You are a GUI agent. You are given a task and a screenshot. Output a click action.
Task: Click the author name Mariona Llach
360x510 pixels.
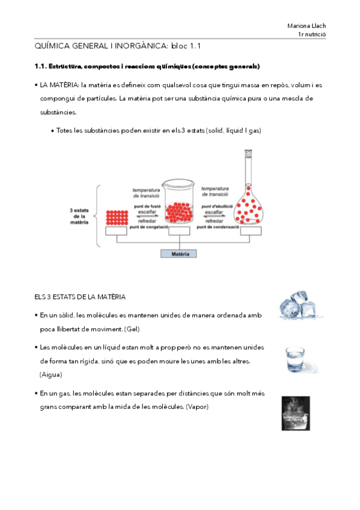click(307, 26)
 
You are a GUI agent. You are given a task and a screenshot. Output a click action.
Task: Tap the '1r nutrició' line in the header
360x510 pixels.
click(312, 34)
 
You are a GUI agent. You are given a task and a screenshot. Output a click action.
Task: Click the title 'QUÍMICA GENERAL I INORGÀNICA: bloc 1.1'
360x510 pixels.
click(117, 46)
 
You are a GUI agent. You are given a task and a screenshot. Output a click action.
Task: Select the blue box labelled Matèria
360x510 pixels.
click(178, 254)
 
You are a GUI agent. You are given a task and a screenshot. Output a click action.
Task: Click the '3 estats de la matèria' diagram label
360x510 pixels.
click(79, 217)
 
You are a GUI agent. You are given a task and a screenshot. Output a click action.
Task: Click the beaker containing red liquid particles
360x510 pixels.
click(178, 201)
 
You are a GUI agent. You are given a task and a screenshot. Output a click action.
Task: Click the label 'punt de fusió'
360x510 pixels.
click(147, 206)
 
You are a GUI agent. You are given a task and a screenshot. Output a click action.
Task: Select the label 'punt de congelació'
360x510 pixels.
click(149, 227)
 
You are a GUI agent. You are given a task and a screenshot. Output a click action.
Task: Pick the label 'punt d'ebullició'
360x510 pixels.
click(217, 206)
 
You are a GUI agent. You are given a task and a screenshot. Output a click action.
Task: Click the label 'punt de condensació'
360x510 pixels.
click(218, 227)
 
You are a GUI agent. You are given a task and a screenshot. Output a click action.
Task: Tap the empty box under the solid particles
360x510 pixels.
click(116, 230)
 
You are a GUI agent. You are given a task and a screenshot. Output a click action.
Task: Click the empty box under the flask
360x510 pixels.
click(251, 230)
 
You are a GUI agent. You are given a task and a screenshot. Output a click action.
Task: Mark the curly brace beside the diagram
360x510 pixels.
click(97, 216)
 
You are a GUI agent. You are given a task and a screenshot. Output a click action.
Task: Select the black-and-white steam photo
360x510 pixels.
click(296, 413)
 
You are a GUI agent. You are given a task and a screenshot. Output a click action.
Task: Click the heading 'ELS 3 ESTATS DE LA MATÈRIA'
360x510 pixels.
click(80, 297)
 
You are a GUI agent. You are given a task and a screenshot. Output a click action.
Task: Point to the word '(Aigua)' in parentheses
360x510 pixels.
click(50, 375)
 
